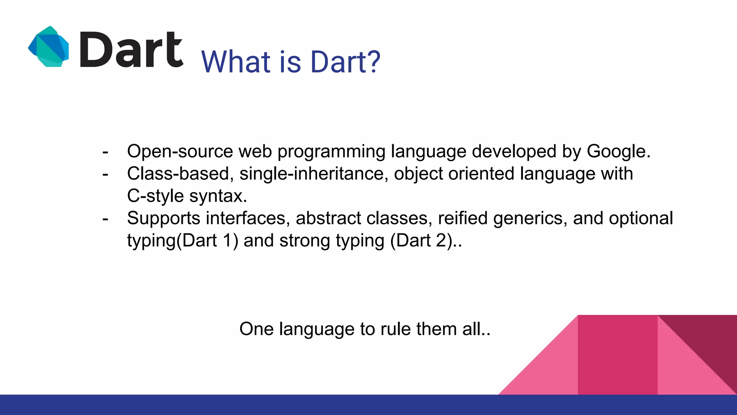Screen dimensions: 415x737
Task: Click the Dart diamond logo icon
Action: (x=49, y=47)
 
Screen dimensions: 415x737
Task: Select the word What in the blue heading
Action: (x=236, y=62)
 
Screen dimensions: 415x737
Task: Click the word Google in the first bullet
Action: (x=618, y=151)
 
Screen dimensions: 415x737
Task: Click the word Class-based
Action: (x=178, y=174)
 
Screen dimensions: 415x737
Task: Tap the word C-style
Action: (x=155, y=196)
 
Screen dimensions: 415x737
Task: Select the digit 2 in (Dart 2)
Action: (x=441, y=241)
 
